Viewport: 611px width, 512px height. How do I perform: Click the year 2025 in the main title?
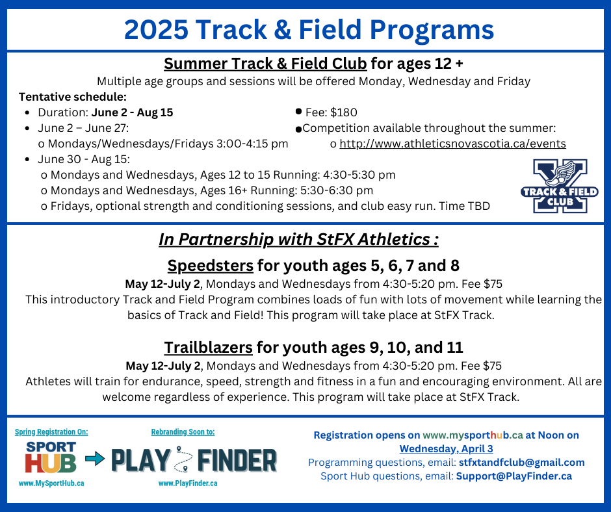point(156,30)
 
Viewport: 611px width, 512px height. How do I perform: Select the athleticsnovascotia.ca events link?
point(452,144)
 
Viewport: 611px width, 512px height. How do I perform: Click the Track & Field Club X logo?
point(560,186)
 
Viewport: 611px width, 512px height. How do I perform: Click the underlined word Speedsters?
point(211,266)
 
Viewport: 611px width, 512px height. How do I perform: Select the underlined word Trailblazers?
point(208,348)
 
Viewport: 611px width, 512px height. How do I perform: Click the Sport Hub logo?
point(51,457)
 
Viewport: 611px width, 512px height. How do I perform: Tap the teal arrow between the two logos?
point(95,458)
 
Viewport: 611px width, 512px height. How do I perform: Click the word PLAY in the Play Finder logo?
point(140,461)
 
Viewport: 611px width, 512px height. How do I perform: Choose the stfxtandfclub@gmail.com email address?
point(522,463)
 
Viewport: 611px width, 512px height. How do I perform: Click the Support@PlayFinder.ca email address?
point(514,476)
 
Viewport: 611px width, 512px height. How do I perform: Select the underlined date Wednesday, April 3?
point(446,449)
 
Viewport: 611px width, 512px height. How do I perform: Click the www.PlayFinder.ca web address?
point(188,483)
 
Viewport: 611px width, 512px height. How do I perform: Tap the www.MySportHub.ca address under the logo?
point(51,483)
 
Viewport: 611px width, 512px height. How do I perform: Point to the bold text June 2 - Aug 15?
point(132,112)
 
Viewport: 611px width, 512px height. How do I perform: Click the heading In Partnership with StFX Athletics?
point(298,239)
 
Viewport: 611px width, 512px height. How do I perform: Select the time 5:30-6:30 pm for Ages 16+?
point(336,190)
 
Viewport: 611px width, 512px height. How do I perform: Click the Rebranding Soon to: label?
point(183,431)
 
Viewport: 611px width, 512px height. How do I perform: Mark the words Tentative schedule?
point(73,97)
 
